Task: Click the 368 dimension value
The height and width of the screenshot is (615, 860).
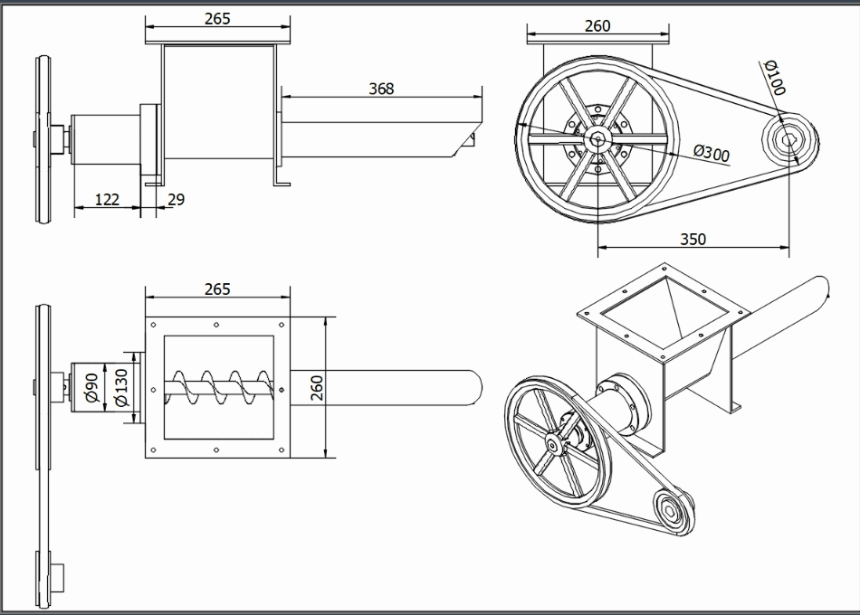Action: pyautogui.click(x=381, y=89)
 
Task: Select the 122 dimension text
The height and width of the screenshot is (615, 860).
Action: pyautogui.click(x=107, y=199)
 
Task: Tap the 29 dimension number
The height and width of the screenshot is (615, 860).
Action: pyautogui.click(x=177, y=199)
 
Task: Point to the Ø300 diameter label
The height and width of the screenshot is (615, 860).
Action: pyautogui.click(x=711, y=153)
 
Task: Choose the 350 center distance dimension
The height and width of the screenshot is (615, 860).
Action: pyautogui.click(x=692, y=239)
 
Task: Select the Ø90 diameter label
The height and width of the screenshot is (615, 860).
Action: pyautogui.click(x=91, y=387)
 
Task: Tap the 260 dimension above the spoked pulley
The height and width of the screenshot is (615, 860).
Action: pyautogui.click(x=597, y=26)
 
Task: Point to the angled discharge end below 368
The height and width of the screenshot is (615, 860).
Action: pyautogui.click(x=467, y=140)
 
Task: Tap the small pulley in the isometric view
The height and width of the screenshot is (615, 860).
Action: pyautogui.click(x=672, y=507)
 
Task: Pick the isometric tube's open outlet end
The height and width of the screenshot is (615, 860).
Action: pyautogui.click(x=820, y=288)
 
